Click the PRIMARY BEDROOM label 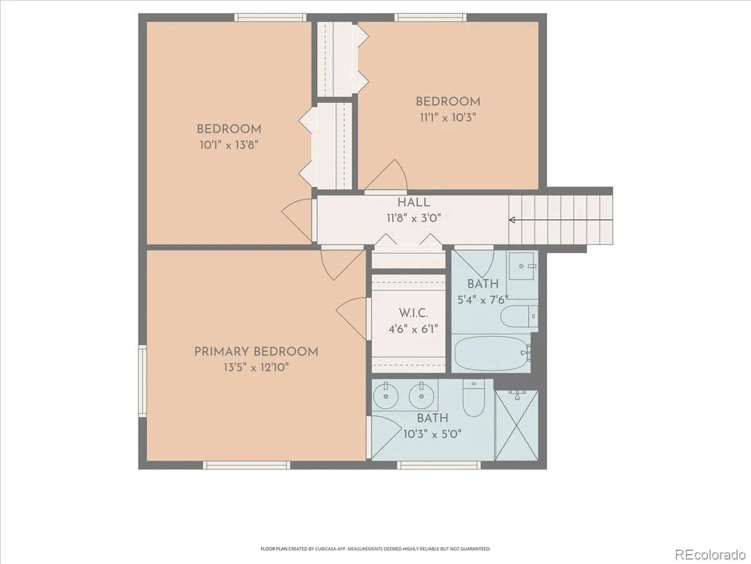click(x=256, y=352)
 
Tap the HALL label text click(x=414, y=202)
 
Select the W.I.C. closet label click(x=413, y=313)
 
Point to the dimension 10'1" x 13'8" click(x=228, y=145)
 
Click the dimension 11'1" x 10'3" click(x=448, y=117)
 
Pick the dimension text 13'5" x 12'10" click(x=256, y=367)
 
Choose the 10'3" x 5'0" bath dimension click(x=432, y=434)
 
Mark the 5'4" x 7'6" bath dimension click(x=483, y=300)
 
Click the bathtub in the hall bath click(x=491, y=353)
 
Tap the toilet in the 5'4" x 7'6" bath click(x=519, y=316)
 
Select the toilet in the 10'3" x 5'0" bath click(x=474, y=397)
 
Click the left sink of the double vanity click(x=386, y=396)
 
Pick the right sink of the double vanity click(x=422, y=396)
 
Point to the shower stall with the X click(x=517, y=425)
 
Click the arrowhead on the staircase click(x=512, y=220)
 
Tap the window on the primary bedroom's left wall click(x=142, y=381)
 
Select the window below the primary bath click(x=439, y=465)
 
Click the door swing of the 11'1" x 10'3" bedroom click(x=386, y=175)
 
